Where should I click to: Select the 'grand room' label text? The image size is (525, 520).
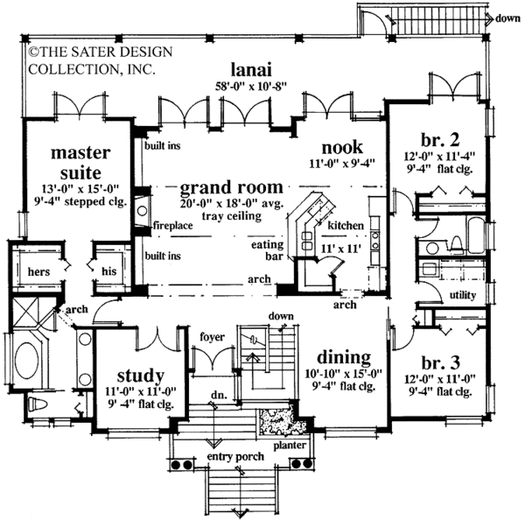click(232, 187)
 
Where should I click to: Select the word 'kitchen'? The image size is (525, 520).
click(346, 226)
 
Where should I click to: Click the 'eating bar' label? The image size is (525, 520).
click(266, 251)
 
